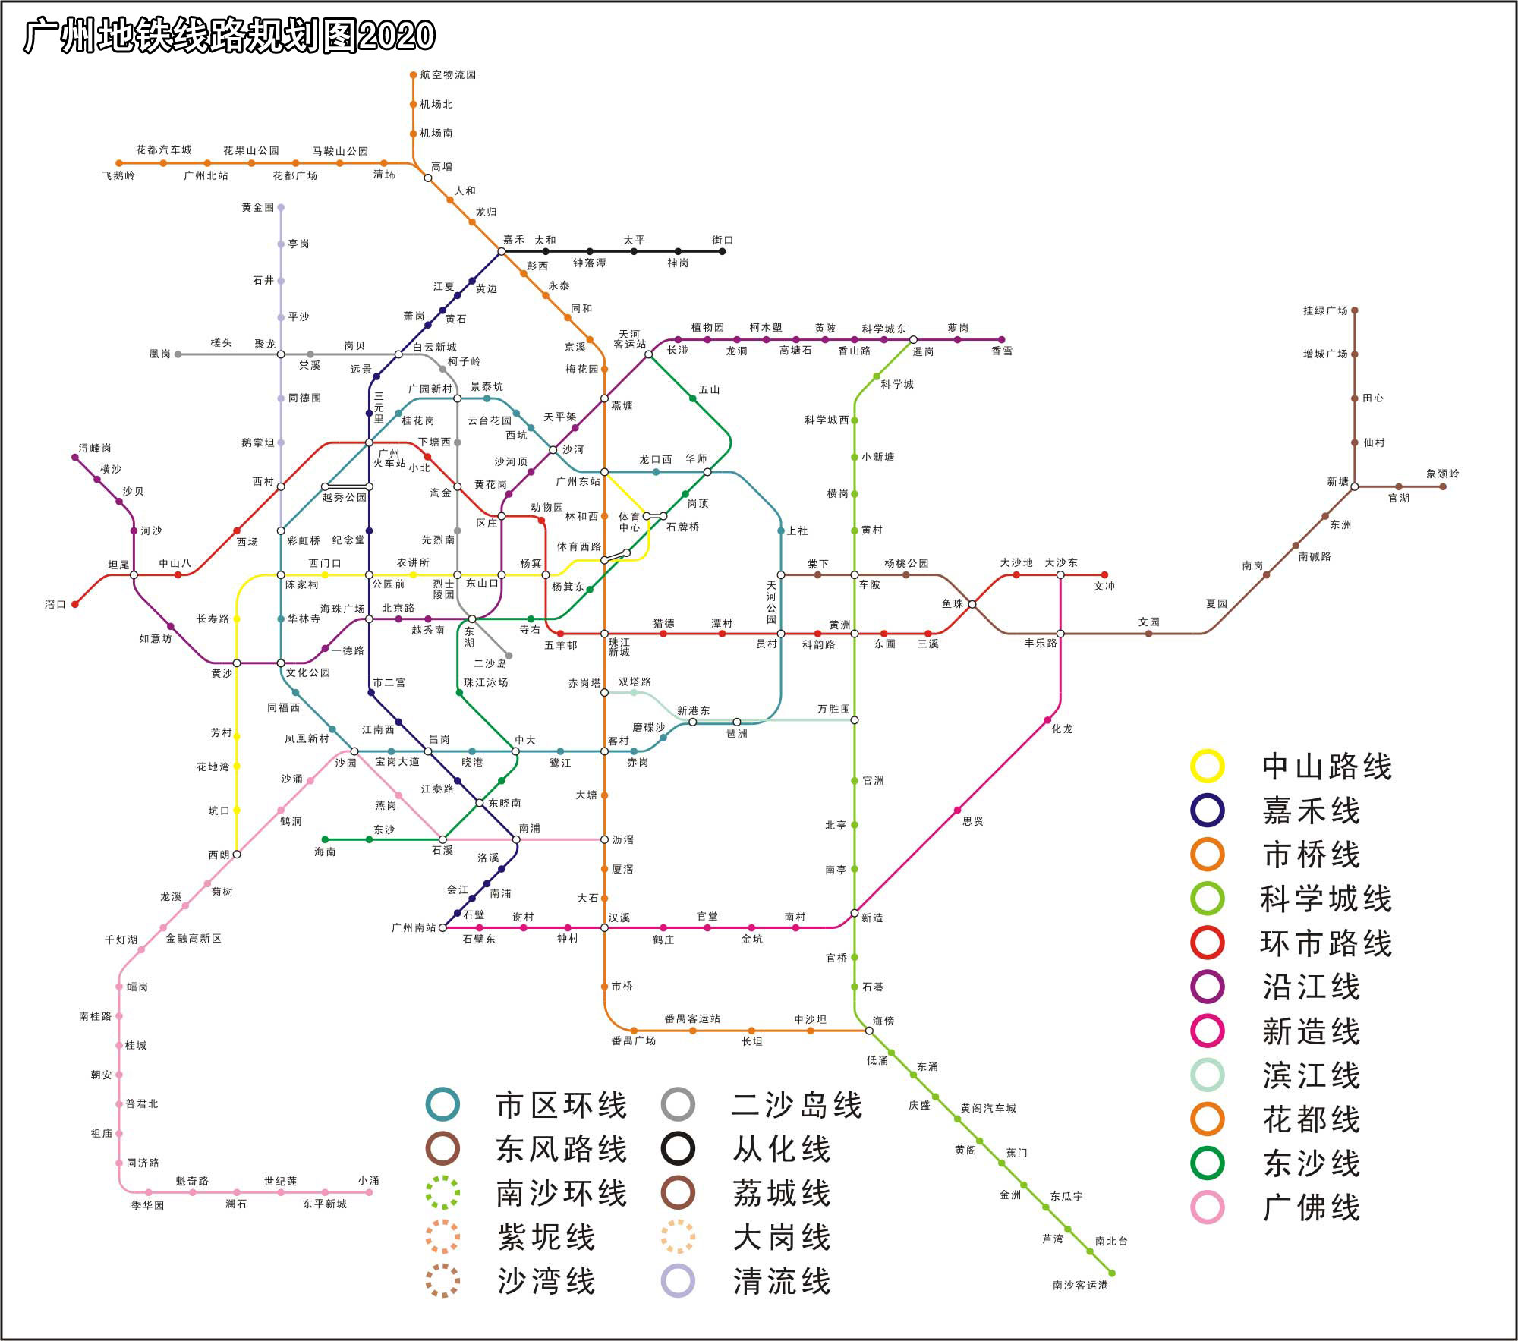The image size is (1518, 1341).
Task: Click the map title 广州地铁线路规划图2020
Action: pyautogui.click(x=229, y=36)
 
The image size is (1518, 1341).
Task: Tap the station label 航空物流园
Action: pyautogui.click(x=448, y=74)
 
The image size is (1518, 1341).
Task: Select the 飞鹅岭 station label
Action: pyautogui.click(x=118, y=175)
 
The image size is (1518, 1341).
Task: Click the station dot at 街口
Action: pyautogui.click(x=722, y=251)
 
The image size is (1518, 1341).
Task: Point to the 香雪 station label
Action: pyautogui.click(x=1002, y=351)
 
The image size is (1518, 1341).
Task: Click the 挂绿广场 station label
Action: pyautogui.click(x=1325, y=310)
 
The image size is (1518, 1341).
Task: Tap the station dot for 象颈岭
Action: pyautogui.click(x=1443, y=486)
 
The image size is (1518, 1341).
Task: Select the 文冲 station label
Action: pyautogui.click(x=1104, y=586)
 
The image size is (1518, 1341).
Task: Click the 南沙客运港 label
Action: pyautogui.click(x=1080, y=1285)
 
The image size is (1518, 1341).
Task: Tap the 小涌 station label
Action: pyautogui.click(x=369, y=1180)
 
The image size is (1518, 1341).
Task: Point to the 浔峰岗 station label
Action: pyautogui.click(x=95, y=448)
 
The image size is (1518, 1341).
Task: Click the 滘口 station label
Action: pyautogui.click(x=55, y=604)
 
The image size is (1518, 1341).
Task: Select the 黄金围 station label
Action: pyautogui.click(x=257, y=207)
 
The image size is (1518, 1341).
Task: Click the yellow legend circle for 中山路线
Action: pyautogui.click(x=1207, y=767)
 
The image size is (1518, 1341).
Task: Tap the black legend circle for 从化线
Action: pyautogui.click(x=677, y=1149)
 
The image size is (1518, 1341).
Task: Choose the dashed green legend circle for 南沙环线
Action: pyautogui.click(x=442, y=1193)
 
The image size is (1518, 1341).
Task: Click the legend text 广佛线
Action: pyautogui.click(x=1312, y=1207)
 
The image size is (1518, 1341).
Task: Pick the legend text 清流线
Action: pyautogui.click(x=782, y=1282)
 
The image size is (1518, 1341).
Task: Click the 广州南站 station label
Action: pyautogui.click(x=414, y=927)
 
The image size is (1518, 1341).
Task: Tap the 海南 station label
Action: pyautogui.click(x=325, y=852)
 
